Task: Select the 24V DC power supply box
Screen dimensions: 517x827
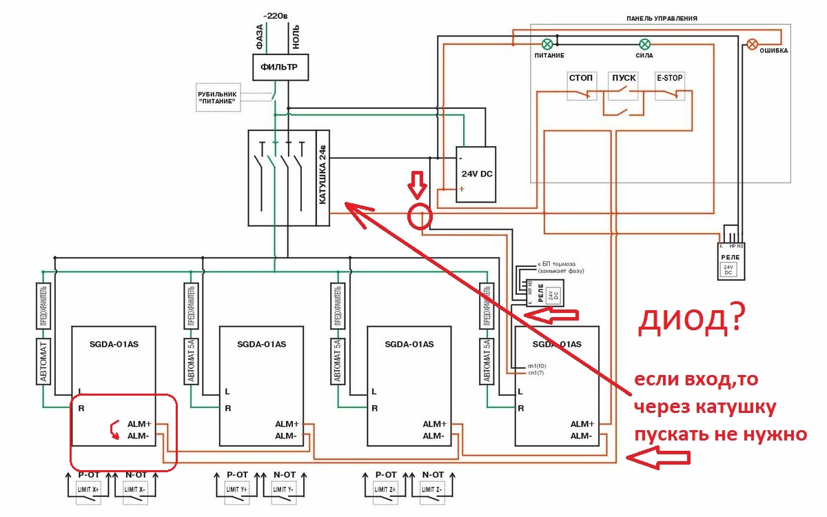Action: [x=476, y=173]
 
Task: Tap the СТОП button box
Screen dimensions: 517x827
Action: [x=580, y=85]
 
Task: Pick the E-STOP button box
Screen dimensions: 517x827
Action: [x=669, y=85]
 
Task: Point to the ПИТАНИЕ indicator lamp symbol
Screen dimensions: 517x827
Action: [x=549, y=43]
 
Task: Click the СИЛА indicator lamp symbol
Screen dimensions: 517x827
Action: [x=644, y=43]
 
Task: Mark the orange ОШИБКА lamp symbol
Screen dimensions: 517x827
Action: [x=752, y=43]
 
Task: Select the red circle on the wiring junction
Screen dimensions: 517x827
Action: [x=420, y=216]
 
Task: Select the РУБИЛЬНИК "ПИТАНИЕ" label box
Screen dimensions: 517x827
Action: [x=217, y=97]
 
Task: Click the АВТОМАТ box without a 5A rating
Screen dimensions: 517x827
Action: [x=43, y=361]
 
